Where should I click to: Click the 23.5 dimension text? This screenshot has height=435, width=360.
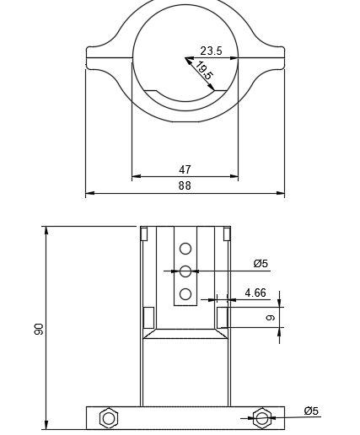[x=211, y=51]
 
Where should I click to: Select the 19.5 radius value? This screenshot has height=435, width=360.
[x=204, y=72]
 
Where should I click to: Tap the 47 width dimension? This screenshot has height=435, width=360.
[x=185, y=170]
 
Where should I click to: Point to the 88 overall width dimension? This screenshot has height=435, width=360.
[x=185, y=186]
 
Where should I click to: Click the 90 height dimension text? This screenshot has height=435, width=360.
[x=39, y=329]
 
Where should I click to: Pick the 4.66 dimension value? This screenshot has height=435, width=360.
[x=255, y=293]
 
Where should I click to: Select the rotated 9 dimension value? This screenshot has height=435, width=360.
[x=271, y=318]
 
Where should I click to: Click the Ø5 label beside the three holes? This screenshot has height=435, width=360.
[x=261, y=264]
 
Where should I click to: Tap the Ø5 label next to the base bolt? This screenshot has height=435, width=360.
[x=311, y=411]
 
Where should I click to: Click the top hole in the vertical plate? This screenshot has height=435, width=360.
[x=185, y=248]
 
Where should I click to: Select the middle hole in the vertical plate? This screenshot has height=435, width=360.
[x=185, y=271]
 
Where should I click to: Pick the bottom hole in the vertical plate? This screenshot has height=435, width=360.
[x=185, y=294]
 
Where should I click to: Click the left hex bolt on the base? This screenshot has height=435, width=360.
[x=108, y=417]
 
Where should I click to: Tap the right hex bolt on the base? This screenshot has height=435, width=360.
[x=262, y=417]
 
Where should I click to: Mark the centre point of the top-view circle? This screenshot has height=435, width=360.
[x=185, y=58]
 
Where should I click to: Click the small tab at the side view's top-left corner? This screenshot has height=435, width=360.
[x=144, y=233]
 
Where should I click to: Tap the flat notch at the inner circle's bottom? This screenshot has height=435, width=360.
[x=185, y=91]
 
